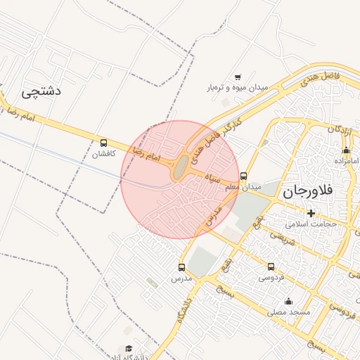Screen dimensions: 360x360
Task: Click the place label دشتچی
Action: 42,91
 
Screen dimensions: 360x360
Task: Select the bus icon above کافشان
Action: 104,142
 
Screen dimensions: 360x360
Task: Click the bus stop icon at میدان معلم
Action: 244,176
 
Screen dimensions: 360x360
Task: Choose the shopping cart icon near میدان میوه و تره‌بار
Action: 238,77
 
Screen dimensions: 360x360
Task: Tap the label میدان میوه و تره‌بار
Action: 238,88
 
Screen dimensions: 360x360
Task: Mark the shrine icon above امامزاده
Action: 346,150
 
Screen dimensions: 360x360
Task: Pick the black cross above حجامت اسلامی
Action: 311,213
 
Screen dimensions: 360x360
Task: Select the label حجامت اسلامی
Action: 311,224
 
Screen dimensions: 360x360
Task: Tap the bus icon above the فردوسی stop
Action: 271,266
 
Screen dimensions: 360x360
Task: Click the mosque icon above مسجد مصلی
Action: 288,301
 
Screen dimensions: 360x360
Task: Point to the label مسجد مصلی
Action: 288,311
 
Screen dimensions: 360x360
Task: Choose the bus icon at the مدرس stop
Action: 182,267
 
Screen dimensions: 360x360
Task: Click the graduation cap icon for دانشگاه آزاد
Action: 129,348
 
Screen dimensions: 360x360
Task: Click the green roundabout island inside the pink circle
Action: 181,168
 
